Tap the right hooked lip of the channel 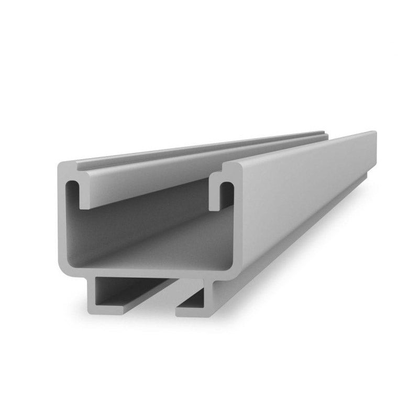[215, 196]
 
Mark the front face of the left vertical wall [62, 220]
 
